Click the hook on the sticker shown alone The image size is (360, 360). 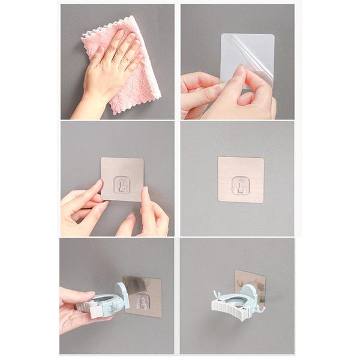click(240, 184)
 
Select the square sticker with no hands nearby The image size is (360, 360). click(241, 179)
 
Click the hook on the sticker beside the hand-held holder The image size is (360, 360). click(142, 302)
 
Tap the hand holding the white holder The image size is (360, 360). click(75, 309)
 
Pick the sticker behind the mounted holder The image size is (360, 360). click(250, 282)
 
